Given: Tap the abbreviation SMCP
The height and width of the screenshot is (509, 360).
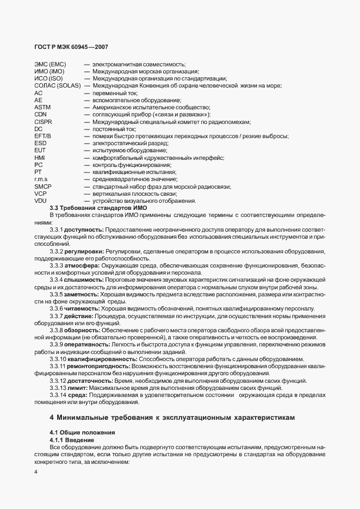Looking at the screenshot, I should point(42,186).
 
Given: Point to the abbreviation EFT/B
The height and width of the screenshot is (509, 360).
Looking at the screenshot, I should point(42,136).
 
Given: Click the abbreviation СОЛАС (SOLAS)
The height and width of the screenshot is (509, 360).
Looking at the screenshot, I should point(58,86).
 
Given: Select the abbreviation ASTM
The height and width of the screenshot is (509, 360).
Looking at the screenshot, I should point(42,108).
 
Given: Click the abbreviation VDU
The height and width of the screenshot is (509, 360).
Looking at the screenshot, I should point(40,200).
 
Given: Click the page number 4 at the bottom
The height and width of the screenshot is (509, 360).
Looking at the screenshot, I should point(35,471).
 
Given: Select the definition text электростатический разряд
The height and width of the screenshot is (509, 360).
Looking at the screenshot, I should point(123,144).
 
